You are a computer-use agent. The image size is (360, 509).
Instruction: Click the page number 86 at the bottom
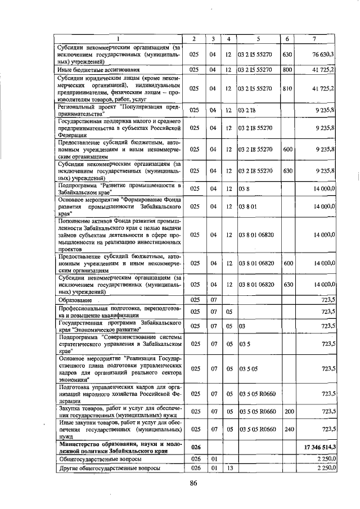pos(193,483)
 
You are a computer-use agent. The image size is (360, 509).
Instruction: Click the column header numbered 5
pos(258,38)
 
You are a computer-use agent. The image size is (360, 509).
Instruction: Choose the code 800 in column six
pos(287,70)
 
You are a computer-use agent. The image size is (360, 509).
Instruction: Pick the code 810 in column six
pos(287,88)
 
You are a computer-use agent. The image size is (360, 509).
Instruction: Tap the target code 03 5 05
pos(248,368)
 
